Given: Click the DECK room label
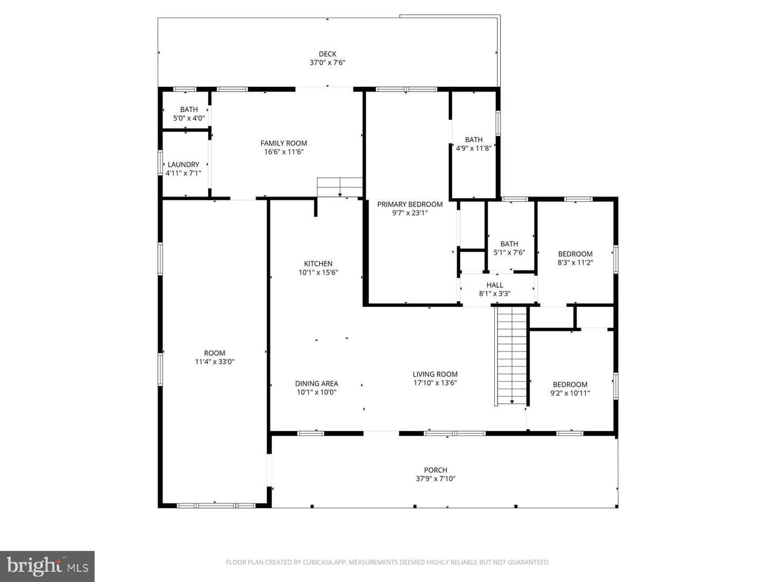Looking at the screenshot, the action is click(x=327, y=54).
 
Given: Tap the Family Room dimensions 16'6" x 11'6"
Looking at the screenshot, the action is click(x=283, y=152).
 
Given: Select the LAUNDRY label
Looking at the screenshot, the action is click(x=183, y=165).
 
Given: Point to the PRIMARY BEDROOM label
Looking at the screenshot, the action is click(x=410, y=204).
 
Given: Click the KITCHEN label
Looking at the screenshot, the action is click(x=318, y=264).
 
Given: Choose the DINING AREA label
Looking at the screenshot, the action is click(x=316, y=383).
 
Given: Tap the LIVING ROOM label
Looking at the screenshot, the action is click(x=435, y=374).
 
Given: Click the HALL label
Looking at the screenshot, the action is click(x=495, y=285).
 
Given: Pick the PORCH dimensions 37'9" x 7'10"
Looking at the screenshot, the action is click(x=435, y=479).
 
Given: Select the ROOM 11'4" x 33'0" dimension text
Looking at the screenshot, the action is click(x=214, y=362).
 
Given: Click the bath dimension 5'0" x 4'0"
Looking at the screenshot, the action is click(x=189, y=119).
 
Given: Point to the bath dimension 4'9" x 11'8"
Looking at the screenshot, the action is click(x=474, y=148).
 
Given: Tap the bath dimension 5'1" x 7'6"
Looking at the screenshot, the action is click(x=509, y=253).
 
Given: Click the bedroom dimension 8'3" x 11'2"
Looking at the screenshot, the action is click(x=575, y=262).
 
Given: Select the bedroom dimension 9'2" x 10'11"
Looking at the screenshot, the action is click(x=570, y=393).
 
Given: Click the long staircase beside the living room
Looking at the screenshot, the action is click(x=511, y=356).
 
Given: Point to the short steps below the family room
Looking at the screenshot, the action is click(x=339, y=188).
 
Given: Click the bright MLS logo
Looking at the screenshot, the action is click(x=47, y=566).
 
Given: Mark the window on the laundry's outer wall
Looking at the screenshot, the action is click(x=160, y=163).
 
